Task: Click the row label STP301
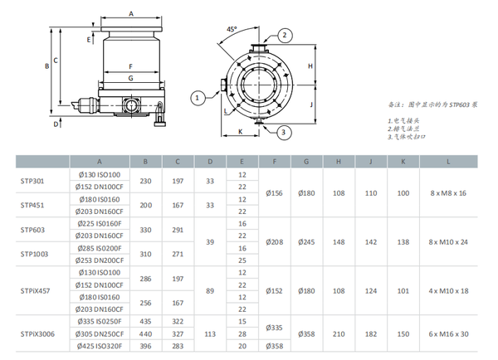pyautogui.click(x=32, y=181)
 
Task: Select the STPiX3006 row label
pyautogui.click(x=37, y=333)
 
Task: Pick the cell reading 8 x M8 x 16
pyautogui.click(x=449, y=193)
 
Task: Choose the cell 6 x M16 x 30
pyautogui.click(x=449, y=333)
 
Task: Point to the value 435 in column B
pyautogui.click(x=146, y=321)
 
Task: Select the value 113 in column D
pyautogui.click(x=210, y=333)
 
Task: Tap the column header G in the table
pyautogui.click(x=307, y=162)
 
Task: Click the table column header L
pyautogui.click(x=449, y=162)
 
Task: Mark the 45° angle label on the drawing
pyautogui.click(x=232, y=29)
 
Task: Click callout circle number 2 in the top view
pyautogui.click(x=285, y=35)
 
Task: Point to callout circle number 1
pyautogui.click(x=198, y=98)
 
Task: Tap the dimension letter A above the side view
pyautogui.click(x=131, y=13)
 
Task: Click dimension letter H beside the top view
pyautogui.click(x=310, y=66)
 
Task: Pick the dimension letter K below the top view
pyautogui.click(x=240, y=131)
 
